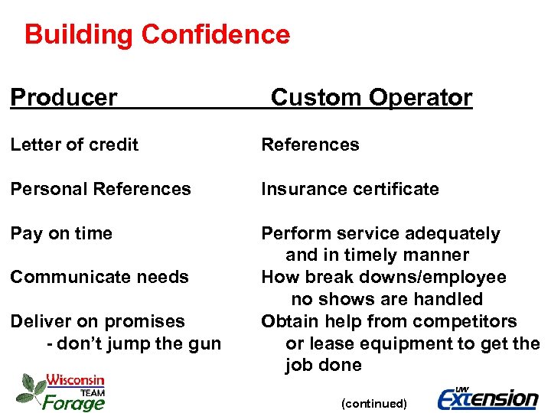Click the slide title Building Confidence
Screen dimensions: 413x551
(x=157, y=35)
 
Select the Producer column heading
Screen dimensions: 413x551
(x=64, y=98)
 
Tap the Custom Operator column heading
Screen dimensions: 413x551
(x=371, y=98)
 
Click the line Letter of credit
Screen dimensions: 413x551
(x=74, y=145)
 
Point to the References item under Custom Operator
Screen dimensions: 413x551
(x=310, y=145)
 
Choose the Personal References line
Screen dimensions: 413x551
(x=100, y=189)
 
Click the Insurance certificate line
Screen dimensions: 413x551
(x=350, y=189)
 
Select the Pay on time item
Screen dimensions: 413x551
(x=61, y=233)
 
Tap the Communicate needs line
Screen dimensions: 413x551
(x=99, y=277)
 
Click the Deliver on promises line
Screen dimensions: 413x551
(x=98, y=321)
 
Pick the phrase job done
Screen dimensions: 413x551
(x=323, y=366)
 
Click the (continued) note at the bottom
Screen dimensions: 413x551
(x=374, y=403)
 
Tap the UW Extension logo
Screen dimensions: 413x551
(x=487, y=397)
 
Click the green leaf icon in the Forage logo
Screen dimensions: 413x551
(x=30, y=389)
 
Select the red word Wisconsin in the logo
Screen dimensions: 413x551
(x=75, y=380)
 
